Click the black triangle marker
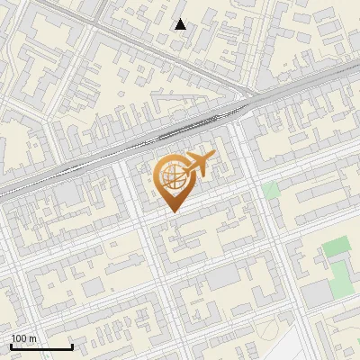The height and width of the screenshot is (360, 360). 181,24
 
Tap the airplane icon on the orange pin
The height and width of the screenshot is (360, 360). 199,164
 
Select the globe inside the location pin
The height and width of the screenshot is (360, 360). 172,176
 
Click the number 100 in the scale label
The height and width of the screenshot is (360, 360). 18,338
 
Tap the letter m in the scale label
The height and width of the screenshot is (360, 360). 33,338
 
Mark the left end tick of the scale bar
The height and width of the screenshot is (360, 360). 11,346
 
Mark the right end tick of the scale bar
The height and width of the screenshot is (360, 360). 72,346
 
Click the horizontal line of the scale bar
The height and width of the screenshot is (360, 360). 41,346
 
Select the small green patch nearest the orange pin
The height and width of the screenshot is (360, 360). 271,190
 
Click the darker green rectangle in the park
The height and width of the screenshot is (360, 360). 336,246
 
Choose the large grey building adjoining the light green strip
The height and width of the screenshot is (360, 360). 316,293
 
